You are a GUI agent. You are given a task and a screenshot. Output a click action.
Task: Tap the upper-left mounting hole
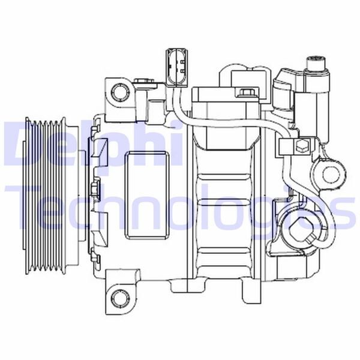click(121, 92)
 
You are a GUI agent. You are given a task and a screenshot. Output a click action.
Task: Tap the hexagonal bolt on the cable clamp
click(302, 147)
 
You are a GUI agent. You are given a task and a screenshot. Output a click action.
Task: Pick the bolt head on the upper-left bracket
click(142, 81)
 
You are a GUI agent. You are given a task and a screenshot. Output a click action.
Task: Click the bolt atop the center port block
click(245, 92)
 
